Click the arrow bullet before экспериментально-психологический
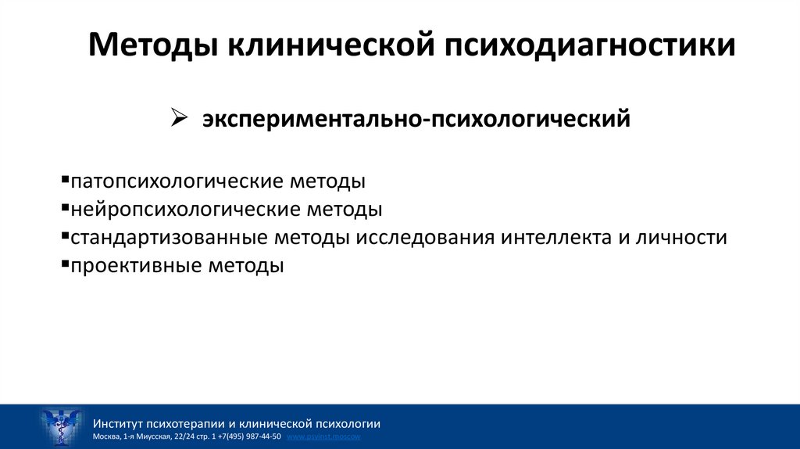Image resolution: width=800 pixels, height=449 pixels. [177, 118]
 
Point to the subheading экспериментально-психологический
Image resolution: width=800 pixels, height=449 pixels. [417, 120]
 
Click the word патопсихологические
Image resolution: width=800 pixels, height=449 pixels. [176, 181]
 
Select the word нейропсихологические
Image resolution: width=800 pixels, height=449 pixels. [184, 210]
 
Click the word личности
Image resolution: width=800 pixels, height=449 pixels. [682, 237]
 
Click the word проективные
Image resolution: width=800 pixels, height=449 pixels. [134, 265]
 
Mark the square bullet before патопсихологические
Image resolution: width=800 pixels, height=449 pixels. [64, 180]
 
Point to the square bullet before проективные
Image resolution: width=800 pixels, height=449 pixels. [64, 264]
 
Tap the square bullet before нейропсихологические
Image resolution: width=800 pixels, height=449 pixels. [64, 208]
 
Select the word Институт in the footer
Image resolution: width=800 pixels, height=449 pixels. [118, 423]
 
